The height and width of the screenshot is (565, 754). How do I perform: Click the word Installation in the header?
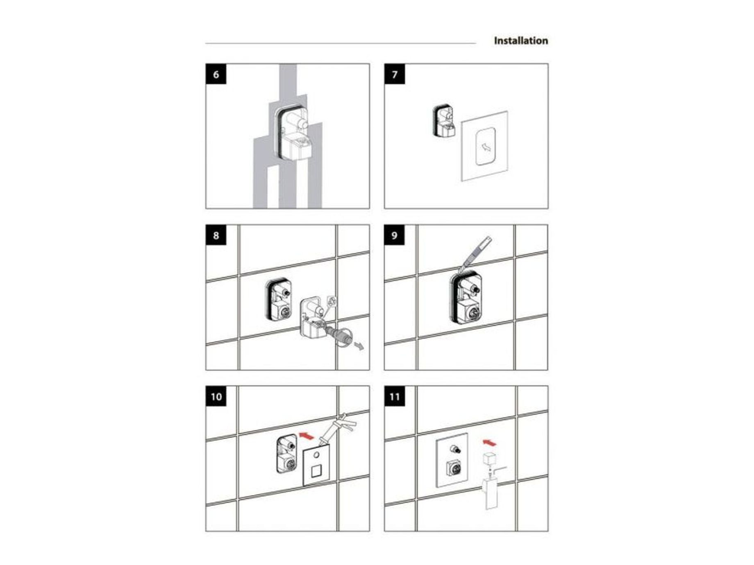click(521, 41)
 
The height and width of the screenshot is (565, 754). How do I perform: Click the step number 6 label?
click(216, 74)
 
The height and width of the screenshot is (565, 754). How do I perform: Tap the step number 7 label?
click(395, 74)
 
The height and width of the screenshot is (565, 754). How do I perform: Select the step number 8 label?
click(216, 235)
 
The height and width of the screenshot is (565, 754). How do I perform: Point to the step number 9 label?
click(395, 235)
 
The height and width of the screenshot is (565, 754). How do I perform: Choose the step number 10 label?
click(216, 396)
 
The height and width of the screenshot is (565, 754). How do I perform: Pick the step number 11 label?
click(395, 396)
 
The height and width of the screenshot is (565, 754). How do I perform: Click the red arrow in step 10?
click(307, 435)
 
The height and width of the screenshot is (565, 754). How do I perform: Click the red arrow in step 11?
click(489, 442)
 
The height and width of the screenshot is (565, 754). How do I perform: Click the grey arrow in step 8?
click(359, 347)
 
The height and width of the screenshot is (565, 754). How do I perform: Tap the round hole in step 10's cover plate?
click(316, 455)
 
